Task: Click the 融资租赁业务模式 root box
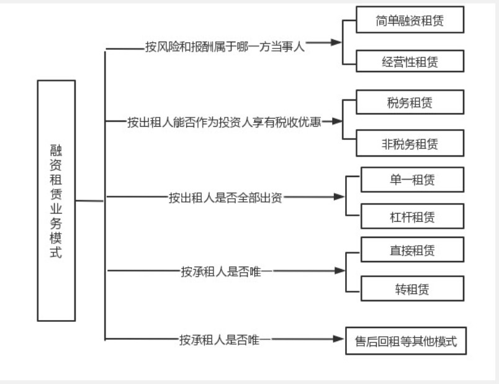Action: (56, 201)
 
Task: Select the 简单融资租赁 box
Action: (410, 19)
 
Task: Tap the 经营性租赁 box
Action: (410, 61)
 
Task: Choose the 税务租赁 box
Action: (410, 102)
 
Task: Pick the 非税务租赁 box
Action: (410, 143)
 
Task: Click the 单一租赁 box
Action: (413, 180)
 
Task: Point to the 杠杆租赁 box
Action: (413, 216)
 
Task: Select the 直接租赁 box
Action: (413, 250)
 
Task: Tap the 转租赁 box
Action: (413, 289)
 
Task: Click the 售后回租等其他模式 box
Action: (406, 341)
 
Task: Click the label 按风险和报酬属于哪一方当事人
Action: (225, 47)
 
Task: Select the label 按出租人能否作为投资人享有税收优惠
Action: (224, 122)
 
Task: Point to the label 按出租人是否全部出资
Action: (225, 198)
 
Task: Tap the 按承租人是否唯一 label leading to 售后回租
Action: (225, 340)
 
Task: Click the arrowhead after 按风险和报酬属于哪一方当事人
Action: (336, 42)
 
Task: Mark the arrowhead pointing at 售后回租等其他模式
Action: (339, 339)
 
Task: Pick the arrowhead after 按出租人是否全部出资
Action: (339, 196)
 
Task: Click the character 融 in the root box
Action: (56, 150)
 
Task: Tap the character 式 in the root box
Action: (56, 252)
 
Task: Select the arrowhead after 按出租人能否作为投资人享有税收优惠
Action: (336, 121)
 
